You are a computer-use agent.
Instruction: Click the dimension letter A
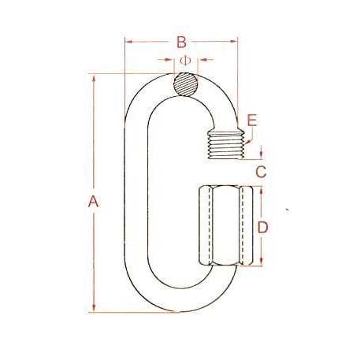point(93,202)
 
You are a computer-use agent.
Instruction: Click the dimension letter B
point(180,41)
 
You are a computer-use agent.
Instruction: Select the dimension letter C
point(262,170)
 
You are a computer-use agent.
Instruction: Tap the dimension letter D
point(264,228)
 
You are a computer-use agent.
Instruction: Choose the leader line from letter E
point(248,134)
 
